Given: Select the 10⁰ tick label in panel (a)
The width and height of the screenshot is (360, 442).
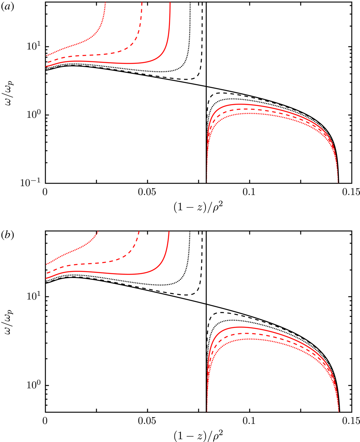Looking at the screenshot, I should [34, 115].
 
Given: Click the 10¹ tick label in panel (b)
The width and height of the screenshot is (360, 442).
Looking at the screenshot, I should [34, 297].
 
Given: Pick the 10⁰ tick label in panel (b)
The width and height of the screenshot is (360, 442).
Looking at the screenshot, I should [34, 386].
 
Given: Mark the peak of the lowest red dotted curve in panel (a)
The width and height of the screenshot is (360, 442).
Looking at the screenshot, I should [249, 113].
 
